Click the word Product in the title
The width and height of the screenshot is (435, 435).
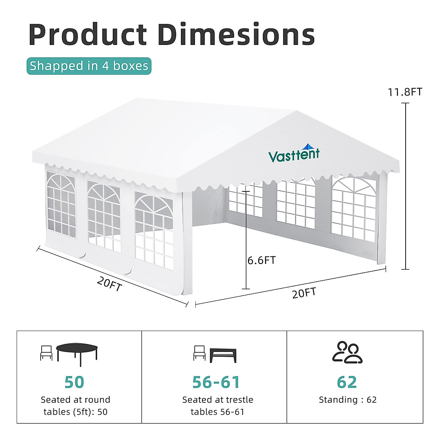[x=88, y=34]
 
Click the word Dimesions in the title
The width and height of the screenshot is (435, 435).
[x=236, y=34]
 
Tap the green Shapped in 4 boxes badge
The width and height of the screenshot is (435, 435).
[x=89, y=66]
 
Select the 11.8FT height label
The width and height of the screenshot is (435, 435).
[x=405, y=92]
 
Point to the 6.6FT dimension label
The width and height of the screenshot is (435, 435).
[x=262, y=260]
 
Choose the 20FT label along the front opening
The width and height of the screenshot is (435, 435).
[x=304, y=293]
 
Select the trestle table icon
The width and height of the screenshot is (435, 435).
[x=223, y=356]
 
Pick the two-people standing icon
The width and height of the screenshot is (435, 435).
[x=347, y=352]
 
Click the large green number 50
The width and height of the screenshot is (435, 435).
[x=74, y=382]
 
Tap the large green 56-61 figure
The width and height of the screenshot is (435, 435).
[x=216, y=382]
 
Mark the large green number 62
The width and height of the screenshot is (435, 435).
[x=347, y=382]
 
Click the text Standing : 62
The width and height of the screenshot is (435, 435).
[x=348, y=400]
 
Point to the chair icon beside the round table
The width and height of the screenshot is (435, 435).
[x=46, y=353]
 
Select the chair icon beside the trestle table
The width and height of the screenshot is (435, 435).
[x=199, y=353]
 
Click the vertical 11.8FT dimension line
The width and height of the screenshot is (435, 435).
[x=405, y=186]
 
